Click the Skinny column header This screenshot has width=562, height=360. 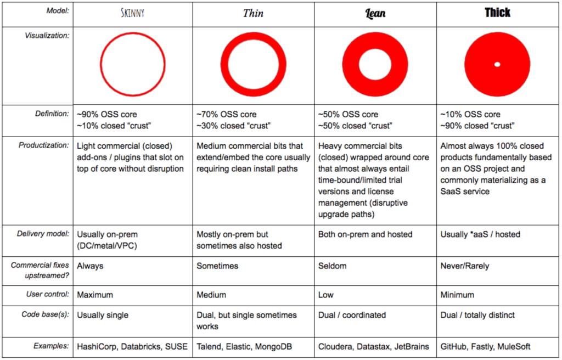[132, 13]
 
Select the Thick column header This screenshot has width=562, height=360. [497, 13]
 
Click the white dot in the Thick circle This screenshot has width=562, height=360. [497, 65]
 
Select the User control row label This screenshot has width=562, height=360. [48, 295]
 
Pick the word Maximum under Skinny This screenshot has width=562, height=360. [95, 295]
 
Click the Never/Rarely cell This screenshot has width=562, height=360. [464, 266]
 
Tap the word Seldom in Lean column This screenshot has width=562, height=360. [331, 266]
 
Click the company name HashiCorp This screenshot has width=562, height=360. [97, 346]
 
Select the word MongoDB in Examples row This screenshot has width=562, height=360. [279, 346]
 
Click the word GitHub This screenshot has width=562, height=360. [454, 346]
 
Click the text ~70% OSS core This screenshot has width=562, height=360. [227, 115]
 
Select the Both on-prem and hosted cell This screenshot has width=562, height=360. [365, 234]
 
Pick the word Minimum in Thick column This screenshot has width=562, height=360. [457, 295]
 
